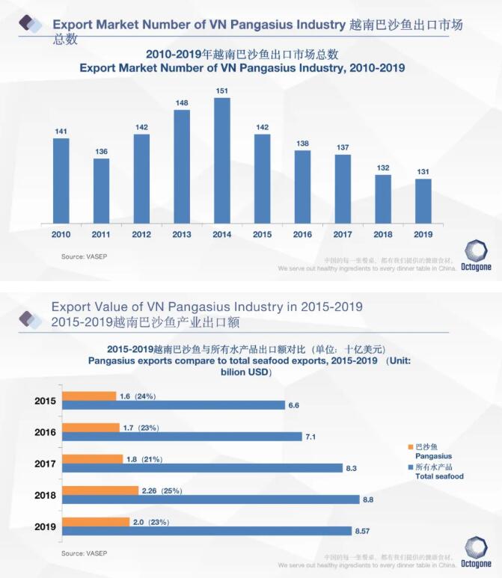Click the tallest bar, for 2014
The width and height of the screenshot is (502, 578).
[221, 162]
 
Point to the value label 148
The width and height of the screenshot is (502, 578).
[182, 103]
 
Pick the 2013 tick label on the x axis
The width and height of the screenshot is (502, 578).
[182, 235]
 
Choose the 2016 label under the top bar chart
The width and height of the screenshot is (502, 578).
[302, 235]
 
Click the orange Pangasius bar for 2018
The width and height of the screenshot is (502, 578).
[100, 491]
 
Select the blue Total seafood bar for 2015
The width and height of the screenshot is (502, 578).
[173, 405]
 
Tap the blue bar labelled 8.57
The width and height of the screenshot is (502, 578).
[207, 530]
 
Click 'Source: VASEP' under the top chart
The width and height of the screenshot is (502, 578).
[83, 256]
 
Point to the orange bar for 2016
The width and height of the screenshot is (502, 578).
[91, 428]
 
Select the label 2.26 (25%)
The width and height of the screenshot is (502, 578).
[162, 491]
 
